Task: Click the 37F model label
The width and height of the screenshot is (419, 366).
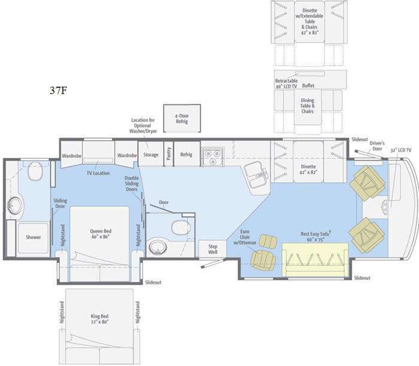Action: coord(58,91)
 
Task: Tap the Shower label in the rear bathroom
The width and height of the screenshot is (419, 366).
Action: coord(34,237)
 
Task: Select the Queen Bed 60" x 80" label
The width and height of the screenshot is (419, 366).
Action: coord(101,234)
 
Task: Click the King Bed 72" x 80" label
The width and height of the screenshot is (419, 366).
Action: coord(99,319)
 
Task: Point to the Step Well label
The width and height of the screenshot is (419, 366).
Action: coord(212,249)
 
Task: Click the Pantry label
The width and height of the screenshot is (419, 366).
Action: coord(169,154)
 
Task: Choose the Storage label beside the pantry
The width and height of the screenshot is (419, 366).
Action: coord(151,155)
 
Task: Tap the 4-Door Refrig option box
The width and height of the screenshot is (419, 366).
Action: coord(182,119)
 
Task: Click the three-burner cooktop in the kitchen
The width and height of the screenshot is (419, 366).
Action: coord(213,157)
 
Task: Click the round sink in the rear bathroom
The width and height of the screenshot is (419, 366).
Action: coord(15,205)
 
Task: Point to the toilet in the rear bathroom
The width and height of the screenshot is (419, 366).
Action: coord(35,171)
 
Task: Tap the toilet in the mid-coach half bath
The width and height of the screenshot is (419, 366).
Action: coord(181,227)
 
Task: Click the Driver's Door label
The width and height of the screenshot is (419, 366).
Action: coord(377,146)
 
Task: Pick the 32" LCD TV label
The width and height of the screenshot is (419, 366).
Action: coord(401,150)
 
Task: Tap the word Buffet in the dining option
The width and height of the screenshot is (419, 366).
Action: coord(308,86)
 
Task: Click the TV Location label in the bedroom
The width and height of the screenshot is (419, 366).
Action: coord(98,173)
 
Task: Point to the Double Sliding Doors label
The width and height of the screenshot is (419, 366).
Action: coord(132,183)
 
